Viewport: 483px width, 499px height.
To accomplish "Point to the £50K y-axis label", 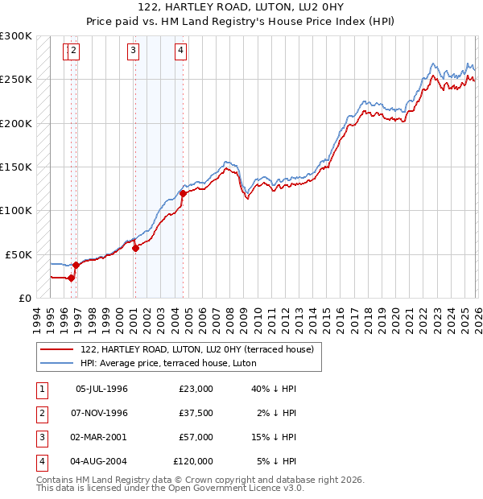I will point(18,254).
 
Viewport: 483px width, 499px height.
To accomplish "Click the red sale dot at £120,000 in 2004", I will point(183,193).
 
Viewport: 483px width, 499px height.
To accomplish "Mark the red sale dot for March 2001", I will point(135,248).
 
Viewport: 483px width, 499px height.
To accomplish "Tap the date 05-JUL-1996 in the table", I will point(101,389).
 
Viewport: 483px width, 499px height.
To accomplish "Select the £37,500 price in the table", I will point(196,413).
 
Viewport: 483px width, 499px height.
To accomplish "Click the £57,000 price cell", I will point(196,437).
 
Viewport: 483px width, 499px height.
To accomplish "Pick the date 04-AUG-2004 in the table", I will point(101,461).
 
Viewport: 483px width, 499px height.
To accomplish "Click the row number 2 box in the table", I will point(40,413).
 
